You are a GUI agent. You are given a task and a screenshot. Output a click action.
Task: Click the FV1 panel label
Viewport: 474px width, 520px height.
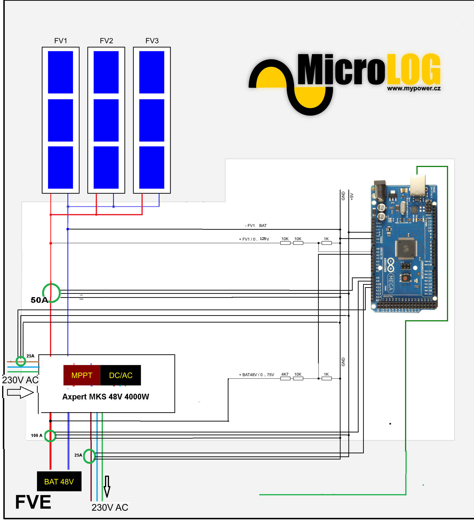point(61,41)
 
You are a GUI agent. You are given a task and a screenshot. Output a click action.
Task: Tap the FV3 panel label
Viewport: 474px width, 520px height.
point(152,41)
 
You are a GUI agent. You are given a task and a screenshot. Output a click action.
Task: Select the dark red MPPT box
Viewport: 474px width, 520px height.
point(82,375)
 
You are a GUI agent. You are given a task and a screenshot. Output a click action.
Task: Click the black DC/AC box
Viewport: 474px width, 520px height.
point(121,375)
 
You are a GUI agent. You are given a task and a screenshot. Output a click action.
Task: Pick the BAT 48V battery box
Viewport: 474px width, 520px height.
point(59,482)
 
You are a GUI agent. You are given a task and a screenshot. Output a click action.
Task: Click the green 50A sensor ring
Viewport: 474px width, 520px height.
point(51,293)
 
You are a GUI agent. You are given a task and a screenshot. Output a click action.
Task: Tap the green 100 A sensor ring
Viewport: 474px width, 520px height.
point(50,436)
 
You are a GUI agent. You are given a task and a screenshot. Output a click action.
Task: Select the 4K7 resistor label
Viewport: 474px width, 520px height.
point(285,374)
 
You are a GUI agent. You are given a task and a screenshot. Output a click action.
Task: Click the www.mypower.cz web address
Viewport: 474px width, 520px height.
point(414,89)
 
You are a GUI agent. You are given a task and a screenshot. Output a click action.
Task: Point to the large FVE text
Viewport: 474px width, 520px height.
point(33,502)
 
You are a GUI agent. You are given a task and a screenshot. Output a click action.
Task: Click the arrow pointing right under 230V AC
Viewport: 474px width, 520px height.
point(20,393)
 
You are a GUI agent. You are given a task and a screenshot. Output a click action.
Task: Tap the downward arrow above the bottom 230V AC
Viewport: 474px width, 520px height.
point(107,486)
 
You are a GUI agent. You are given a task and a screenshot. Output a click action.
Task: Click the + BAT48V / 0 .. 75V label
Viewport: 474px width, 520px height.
point(256,375)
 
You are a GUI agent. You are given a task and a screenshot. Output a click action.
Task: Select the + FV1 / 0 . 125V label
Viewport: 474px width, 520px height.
point(254,239)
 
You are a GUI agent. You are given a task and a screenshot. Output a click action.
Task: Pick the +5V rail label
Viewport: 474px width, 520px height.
point(352,197)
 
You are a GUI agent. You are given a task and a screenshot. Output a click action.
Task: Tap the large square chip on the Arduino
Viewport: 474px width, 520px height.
point(407,248)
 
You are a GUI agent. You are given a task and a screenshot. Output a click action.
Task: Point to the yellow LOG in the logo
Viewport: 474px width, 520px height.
point(414,69)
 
